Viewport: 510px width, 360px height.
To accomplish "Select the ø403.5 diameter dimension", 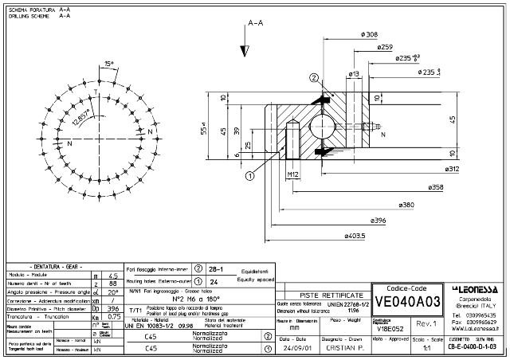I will [355, 236].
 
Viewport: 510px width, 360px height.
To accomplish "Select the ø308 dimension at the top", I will [370, 34].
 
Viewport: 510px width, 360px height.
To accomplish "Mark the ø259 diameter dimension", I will [383, 47].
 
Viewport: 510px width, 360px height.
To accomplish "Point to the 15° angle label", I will [109, 64].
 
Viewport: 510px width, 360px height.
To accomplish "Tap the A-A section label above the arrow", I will [256, 24].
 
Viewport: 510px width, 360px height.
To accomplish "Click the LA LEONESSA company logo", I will [476, 288].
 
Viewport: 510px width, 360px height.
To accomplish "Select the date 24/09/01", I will [296, 348].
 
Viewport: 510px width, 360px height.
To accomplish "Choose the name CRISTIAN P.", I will [344, 348].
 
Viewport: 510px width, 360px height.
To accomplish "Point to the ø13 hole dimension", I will [354, 73].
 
